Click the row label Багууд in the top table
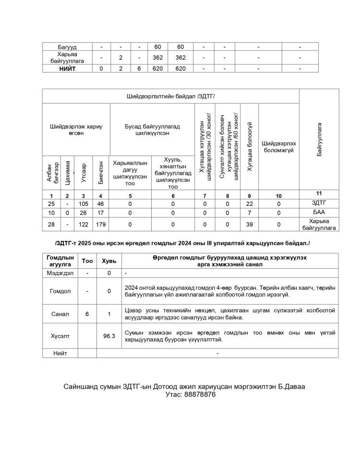coord(68,47)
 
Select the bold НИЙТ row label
coord(68,69)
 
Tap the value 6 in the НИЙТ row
coord(139,69)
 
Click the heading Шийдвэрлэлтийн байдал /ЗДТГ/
coord(170,96)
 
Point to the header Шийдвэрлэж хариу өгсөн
coord(76,130)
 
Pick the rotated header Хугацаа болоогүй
coord(250,146)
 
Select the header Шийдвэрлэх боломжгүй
coord(279,146)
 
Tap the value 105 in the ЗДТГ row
coord(84,203)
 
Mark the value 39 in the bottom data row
coord(249,224)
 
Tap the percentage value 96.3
coord(109,336)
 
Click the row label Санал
coord(60,314)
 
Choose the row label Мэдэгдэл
coord(60,273)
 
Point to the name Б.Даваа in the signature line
coord(290,386)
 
